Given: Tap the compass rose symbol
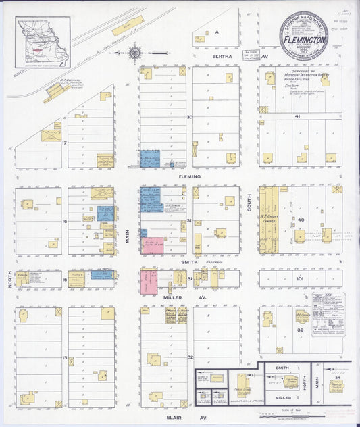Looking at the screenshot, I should [x=134, y=51].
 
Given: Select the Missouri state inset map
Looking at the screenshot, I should [x=43, y=42].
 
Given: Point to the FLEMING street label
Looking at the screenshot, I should [x=190, y=177].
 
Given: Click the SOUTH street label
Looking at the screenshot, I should [x=249, y=201].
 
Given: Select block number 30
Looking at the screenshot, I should [x=190, y=117].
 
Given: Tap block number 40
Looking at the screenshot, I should [x=302, y=220].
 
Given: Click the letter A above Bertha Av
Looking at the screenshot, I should [x=217, y=32].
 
